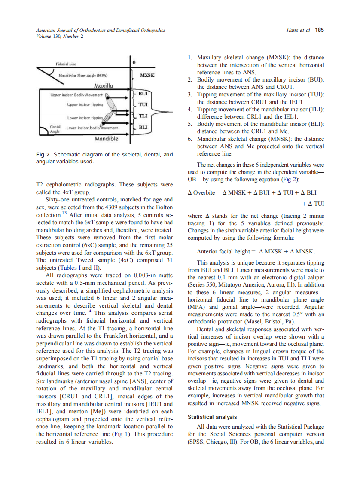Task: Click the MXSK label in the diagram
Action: pyautogui.click(x=147, y=76)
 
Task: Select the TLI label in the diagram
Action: pyautogui.click(x=143, y=116)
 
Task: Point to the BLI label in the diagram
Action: pyautogui.click(x=143, y=128)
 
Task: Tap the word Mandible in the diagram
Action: pyautogui.click(x=106, y=139)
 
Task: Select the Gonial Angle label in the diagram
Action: pyautogui.click(x=55, y=129)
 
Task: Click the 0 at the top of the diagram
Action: pyautogui.click(x=134, y=62)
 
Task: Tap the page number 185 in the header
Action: pyautogui.click(x=319, y=30)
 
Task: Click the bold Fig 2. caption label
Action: pyautogui.click(x=44, y=154)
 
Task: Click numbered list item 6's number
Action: pyautogui.click(x=190, y=139)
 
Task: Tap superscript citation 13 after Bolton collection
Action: pyautogui.click(x=63, y=213)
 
